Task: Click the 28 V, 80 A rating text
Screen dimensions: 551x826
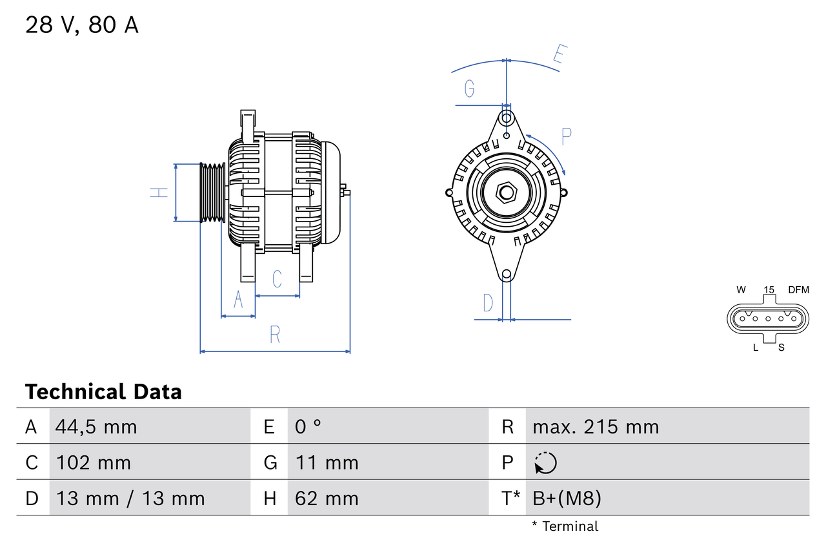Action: pyautogui.click(x=82, y=25)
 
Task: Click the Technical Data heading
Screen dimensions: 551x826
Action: pyautogui.click(x=103, y=391)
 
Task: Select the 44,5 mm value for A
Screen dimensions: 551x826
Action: pyautogui.click(x=96, y=427)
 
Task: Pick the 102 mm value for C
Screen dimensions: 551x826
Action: pyautogui.click(x=94, y=463)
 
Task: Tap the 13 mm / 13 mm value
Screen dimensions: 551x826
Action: pyautogui.click(x=130, y=498)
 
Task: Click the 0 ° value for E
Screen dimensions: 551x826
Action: pyautogui.click(x=308, y=427)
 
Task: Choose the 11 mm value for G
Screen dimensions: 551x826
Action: pyautogui.click(x=327, y=463)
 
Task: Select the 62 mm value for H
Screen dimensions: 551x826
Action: pyautogui.click(x=327, y=498)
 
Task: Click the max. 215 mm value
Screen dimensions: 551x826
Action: pyautogui.click(x=596, y=427)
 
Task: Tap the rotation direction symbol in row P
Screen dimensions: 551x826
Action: pyautogui.click(x=545, y=463)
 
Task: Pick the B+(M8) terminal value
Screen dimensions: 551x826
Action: pyautogui.click(x=567, y=498)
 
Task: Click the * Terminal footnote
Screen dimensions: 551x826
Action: pyautogui.click(x=565, y=526)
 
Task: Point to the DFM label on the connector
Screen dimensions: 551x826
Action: pyautogui.click(x=798, y=290)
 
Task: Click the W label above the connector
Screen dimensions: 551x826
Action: pyautogui.click(x=741, y=290)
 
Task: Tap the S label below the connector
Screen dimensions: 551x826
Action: pyautogui.click(x=781, y=348)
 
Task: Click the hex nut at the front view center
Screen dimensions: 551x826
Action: pyautogui.click(x=507, y=192)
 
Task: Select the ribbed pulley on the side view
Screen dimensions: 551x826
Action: pyautogui.click(x=212, y=192)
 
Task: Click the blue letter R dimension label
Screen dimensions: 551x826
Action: pyautogui.click(x=275, y=335)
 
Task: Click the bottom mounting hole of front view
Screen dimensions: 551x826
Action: pyautogui.click(x=507, y=275)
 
